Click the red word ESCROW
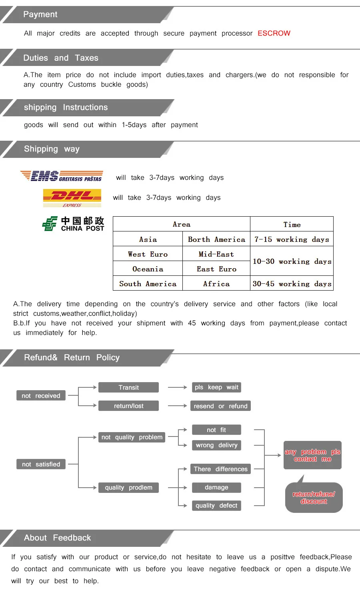(x=274, y=33)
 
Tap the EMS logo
(x=62, y=176)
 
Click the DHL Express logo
(x=72, y=198)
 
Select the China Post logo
(x=73, y=224)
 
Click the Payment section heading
(x=40, y=14)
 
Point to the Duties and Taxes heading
(x=61, y=58)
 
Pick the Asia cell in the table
(x=148, y=239)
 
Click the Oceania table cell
(x=148, y=269)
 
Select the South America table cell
(x=148, y=283)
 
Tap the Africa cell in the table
(x=216, y=283)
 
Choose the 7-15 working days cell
(x=292, y=239)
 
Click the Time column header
(x=292, y=224)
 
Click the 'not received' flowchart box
(x=41, y=396)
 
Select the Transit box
(x=128, y=387)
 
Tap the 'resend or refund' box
(x=220, y=406)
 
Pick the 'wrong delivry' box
(x=216, y=445)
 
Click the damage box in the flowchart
(x=216, y=488)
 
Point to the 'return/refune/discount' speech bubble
(x=314, y=498)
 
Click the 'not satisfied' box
(x=41, y=464)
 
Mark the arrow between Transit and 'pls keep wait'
(x=178, y=387)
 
